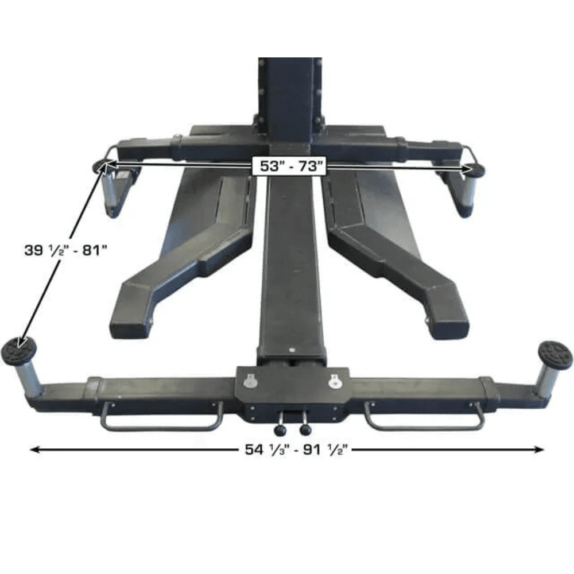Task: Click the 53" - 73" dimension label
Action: pos(289,166)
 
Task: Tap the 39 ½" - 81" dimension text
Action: pos(65,251)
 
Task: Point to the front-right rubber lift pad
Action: pos(554,352)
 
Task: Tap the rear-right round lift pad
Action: pos(476,170)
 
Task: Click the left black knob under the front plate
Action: pos(281,430)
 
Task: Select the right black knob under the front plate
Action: pos(305,430)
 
